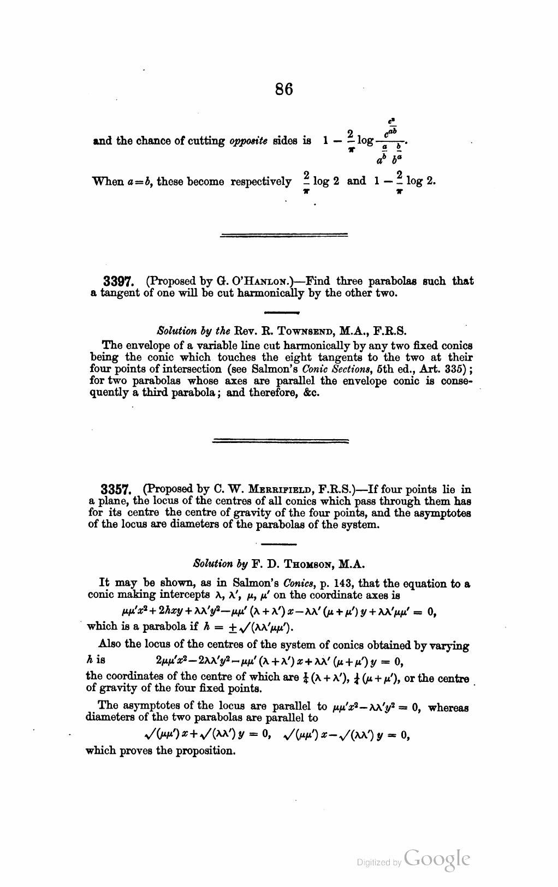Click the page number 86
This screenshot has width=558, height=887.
click(284, 89)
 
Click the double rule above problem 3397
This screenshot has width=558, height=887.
click(283, 235)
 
